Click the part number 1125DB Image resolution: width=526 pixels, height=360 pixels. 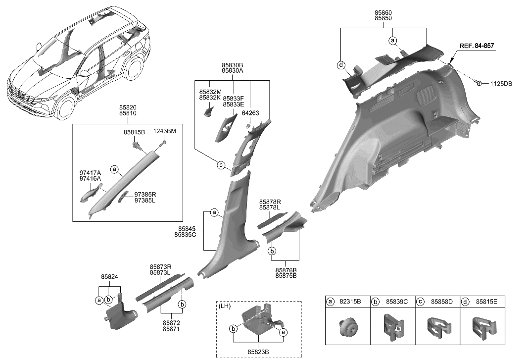(x=502, y=84)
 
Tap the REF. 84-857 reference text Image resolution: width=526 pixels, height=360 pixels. (x=477, y=46)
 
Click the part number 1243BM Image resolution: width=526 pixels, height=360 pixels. (x=164, y=131)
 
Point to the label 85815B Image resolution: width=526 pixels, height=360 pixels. (x=134, y=132)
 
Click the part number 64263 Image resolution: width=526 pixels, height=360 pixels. (x=251, y=113)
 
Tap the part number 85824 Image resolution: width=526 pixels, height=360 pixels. (x=109, y=276)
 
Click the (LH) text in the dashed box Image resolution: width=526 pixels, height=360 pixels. (x=226, y=307)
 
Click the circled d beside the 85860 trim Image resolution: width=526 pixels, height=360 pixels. (x=340, y=65)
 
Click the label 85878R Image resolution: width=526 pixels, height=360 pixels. (x=270, y=202)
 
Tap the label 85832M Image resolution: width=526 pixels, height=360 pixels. (x=210, y=92)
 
